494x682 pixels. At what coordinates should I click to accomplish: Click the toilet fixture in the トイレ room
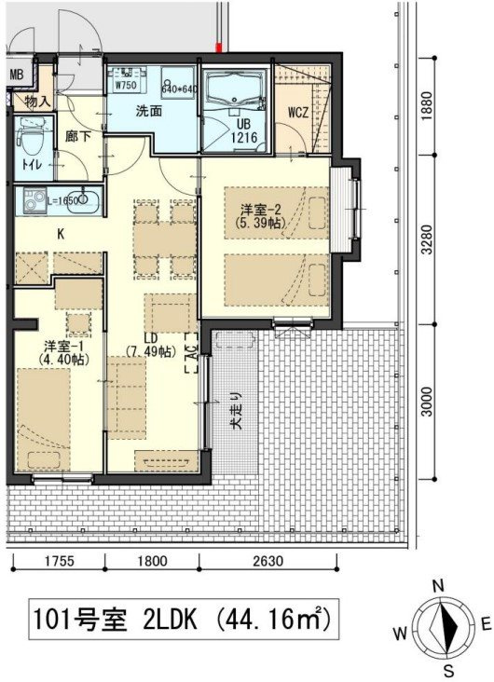click(33, 138)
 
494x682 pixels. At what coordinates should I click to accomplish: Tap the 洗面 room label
click(149, 111)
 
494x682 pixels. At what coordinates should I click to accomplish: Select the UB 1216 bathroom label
click(243, 131)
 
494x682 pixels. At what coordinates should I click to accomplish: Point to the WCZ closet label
click(298, 113)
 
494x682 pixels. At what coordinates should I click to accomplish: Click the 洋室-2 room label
click(261, 216)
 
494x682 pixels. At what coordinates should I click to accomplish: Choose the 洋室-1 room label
click(63, 352)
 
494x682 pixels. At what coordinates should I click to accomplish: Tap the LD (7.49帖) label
click(151, 345)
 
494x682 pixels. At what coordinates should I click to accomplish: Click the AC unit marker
click(191, 353)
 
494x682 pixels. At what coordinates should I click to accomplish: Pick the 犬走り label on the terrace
click(236, 412)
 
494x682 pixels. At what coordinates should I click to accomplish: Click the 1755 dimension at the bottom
click(60, 561)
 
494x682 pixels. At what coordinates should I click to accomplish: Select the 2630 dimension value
click(268, 561)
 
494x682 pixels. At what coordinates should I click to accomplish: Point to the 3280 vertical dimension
click(427, 239)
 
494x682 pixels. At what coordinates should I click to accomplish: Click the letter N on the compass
click(438, 586)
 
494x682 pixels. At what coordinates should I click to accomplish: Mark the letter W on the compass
click(401, 633)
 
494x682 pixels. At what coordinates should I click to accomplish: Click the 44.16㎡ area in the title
click(271, 619)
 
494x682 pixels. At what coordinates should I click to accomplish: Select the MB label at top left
click(16, 75)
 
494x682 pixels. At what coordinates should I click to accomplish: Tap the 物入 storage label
click(38, 102)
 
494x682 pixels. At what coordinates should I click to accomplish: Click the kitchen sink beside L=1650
click(84, 199)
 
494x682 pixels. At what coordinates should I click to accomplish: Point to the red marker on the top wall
click(219, 47)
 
